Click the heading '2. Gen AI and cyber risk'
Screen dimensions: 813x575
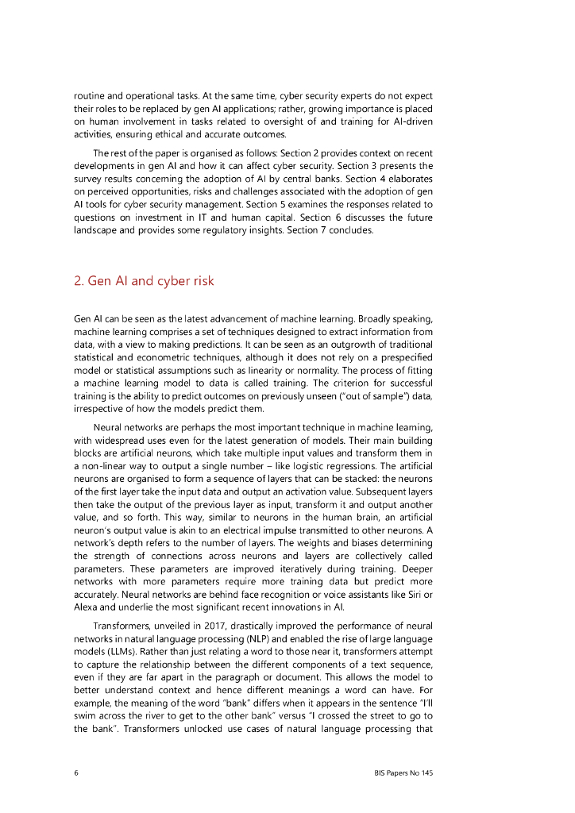143,281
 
